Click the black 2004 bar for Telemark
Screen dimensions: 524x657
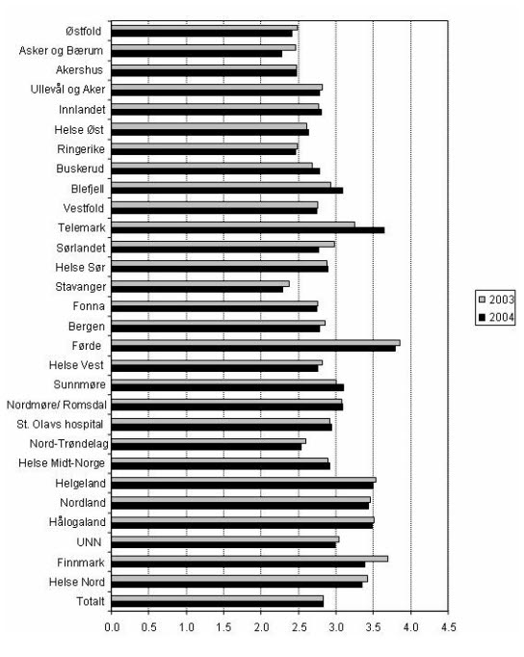pyautogui.click(x=248, y=230)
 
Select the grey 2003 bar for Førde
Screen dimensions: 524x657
pyautogui.click(x=255, y=343)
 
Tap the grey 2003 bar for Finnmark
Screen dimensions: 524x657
pyautogui.click(x=249, y=559)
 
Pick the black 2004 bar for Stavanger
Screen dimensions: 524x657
pyautogui.click(x=197, y=289)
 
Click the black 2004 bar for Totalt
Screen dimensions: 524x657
pyautogui.click(x=218, y=604)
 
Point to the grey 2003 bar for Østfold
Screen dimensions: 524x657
pyautogui.click(x=204, y=28)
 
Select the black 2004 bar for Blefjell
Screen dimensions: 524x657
pyautogui.click(x=227, y=190)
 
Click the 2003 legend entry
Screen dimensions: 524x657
pyautogui.click(x=496, y=300)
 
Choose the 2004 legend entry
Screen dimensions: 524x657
pyautogui.click(x=496, y=317)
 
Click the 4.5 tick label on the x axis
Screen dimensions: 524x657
pyautogui.click(x=448, y=627)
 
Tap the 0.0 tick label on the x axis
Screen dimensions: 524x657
pyautogui.click(x=112, y=627)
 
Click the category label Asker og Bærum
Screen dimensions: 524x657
pyautogui.click(x=61, y=51)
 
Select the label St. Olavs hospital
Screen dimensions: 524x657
pyautogui.click(x=60, y=424)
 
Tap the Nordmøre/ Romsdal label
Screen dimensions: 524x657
pyautogui.click(x=57, y=405)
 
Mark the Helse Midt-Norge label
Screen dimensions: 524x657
pyautogui.click(x=62, y=463)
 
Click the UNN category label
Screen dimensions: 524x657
pyautogui.click(x=89, y=542)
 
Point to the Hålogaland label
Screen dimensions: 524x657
pyautogui.click(x=77, y=522)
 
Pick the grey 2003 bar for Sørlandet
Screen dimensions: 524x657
pyautogui.click(x=223, y=244)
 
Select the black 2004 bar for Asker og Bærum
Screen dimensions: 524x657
pyautogui.click(x=196, y=54)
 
